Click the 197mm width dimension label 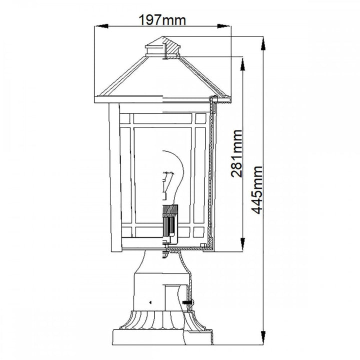[x=163, y=20]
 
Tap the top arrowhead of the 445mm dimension [x=264, y=41]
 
